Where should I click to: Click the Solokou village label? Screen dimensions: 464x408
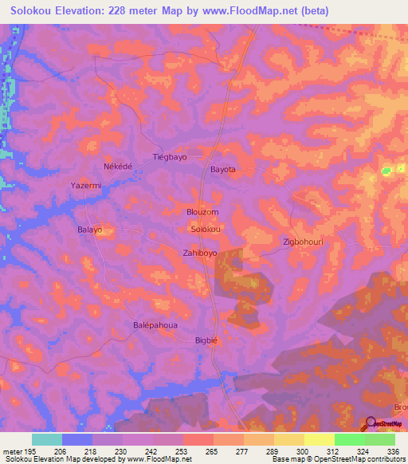point(206,229)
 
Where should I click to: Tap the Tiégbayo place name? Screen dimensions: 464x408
point(170,157)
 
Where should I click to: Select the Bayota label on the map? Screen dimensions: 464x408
point(222,170)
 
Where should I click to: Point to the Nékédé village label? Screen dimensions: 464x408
point(117,167)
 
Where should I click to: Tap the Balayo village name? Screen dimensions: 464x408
point(90,230)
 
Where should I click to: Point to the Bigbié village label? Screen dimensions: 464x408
point(206,340)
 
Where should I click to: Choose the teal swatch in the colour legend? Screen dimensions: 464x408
point(46,439)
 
